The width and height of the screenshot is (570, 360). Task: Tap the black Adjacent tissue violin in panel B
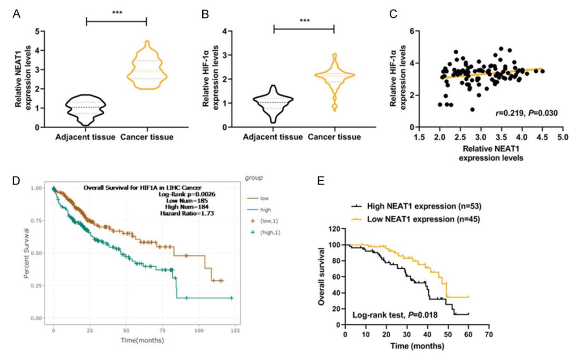point(274,103)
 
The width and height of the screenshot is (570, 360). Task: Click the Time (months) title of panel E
point(416,346)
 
